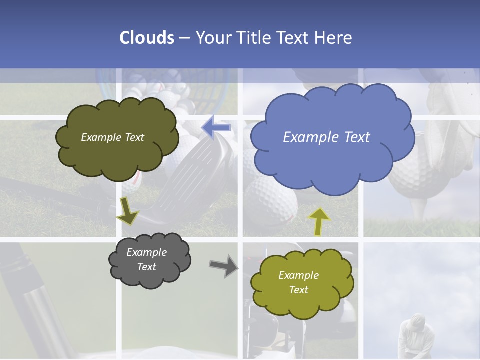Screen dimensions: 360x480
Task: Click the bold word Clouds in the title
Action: pyautogui.click(x=147, y=38)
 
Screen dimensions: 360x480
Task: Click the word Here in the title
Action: pyautogui.click(x=333, y=38)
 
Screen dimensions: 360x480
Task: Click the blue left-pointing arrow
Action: pyautogui.click(x=216, y=128)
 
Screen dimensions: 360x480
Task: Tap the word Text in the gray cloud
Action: pyautogui.click(x=147, y=267)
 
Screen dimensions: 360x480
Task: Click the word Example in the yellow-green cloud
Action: pyautogui.click(x=298, y=275)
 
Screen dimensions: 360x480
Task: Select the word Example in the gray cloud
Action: pyautogui.click(x=146, y=252)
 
